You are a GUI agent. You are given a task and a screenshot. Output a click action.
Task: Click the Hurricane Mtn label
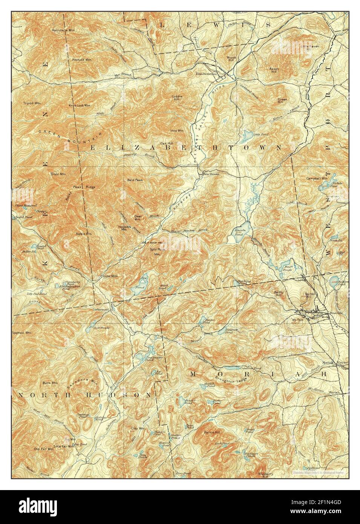(x=63, y=30)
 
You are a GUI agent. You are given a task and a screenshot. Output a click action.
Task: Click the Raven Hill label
(x=273, y=70)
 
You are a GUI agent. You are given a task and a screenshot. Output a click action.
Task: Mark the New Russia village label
(x=211, y=174)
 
